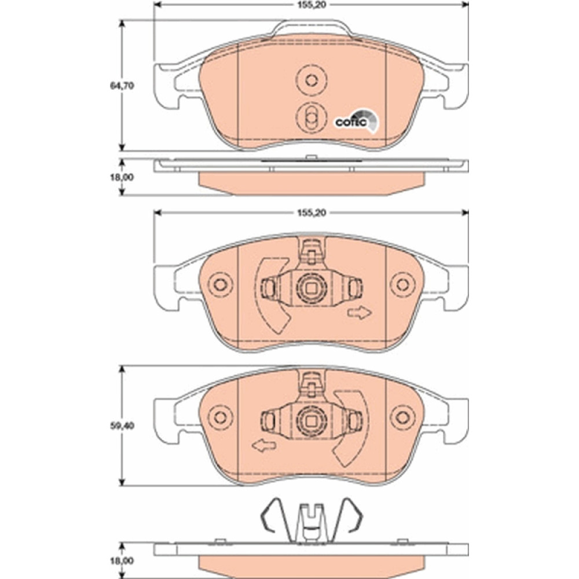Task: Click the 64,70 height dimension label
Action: point(122,86)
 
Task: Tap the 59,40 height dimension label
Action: point(122,426)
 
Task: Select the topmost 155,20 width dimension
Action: point(312,5)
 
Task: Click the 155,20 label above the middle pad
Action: point(312,212)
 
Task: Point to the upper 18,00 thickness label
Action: point(122,177)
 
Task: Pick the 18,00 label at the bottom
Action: point(122,561)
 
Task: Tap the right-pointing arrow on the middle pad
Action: point(360,313)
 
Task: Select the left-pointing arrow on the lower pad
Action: point(263,446)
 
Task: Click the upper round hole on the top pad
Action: point(312,80)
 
